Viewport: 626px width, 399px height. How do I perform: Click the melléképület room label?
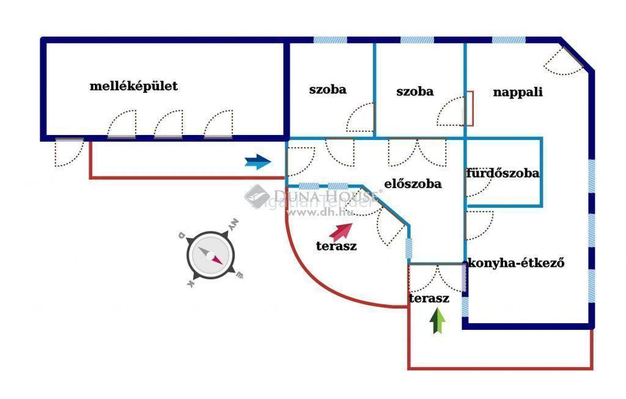(x=133, y=86)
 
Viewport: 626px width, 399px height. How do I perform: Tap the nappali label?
(x=518, y=93)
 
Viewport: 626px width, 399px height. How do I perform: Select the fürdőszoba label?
(x=503, y=173)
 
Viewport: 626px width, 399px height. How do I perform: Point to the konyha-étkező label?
(x=515, y=263)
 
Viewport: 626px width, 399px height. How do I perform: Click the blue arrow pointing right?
(x=257, y=162)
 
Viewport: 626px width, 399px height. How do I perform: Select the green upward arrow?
(x=437, y=321)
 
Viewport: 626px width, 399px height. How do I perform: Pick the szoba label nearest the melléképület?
(x=328, y=90)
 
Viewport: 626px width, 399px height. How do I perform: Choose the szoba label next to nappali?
(x=414, y=92)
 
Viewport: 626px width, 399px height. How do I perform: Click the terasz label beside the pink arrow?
(x=336, y=247)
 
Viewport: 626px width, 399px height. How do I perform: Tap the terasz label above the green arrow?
(x=429, y=299)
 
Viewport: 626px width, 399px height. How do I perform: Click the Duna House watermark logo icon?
(x=257, y=197)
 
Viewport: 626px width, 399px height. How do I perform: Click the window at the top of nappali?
(x=509, y=40)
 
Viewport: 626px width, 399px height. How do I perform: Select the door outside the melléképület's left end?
(x=68, y=151)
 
